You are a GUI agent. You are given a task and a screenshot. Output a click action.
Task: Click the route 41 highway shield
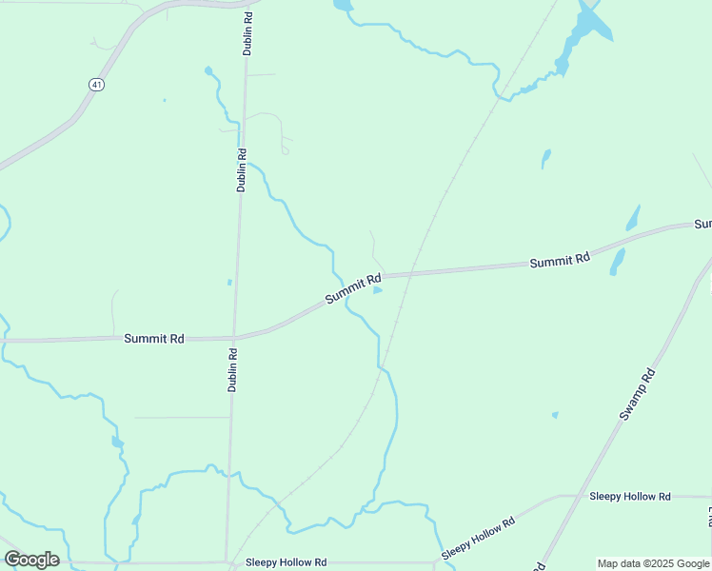coord(96,85)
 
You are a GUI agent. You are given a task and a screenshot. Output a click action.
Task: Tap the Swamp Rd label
coord(638,394)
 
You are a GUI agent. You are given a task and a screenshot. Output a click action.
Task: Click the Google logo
coord(31,560)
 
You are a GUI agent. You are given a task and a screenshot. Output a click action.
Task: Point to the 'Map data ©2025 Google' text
coord(654,563)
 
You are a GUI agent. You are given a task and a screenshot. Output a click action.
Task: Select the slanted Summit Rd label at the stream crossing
coord(352,289)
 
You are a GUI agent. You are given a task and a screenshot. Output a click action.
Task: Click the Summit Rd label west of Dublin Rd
coord(153,338)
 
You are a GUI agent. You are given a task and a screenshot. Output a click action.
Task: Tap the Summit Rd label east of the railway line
coord(560,260)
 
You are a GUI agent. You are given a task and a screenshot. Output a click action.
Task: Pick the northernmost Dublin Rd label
coord(247,32)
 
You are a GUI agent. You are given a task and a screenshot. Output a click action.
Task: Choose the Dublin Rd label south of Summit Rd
coord(232,370)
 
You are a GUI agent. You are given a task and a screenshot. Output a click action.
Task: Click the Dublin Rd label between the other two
coord(242,170)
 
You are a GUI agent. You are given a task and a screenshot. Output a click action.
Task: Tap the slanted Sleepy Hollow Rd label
coord(478,538)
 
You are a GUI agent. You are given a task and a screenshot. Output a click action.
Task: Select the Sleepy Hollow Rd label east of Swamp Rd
coord(630,497)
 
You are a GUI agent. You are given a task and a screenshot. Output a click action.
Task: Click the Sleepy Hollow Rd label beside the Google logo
coord(286,562)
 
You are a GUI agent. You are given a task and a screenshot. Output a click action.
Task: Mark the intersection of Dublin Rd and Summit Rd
coord(234,337)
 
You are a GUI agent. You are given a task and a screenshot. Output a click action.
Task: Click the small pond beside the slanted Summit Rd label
coord(378,290)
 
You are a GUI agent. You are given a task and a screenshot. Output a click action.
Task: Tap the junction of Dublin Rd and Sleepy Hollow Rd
coord(227,562)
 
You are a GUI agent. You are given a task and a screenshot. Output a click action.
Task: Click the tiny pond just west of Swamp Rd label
coord(555,415)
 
